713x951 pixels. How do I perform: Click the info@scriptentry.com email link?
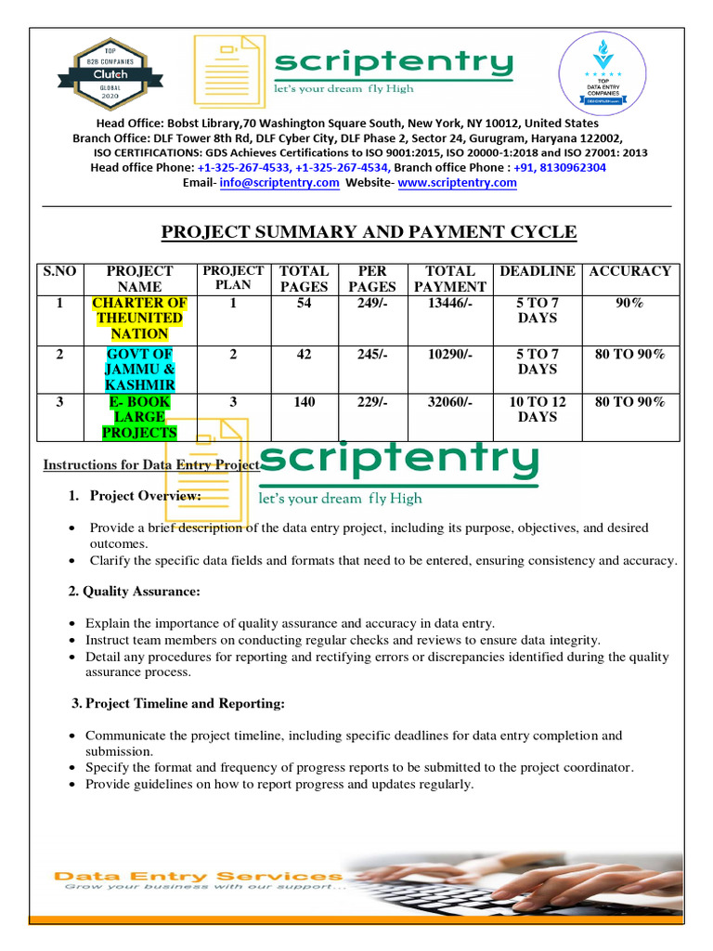pos(279,183)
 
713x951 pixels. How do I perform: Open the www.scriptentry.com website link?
pos(457,183)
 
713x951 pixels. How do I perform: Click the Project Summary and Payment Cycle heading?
pos(369,232)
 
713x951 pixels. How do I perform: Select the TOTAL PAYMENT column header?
pos(449,279)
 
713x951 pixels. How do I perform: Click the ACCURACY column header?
pos(629,271)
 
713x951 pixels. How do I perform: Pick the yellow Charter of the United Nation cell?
pos(139,318)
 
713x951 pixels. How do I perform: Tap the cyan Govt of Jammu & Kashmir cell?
pos(139,369)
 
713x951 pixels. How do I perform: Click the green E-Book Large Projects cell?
pos(139,417)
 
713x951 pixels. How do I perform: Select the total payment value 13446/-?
pos(449,303)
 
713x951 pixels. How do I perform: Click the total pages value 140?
pos(304,402)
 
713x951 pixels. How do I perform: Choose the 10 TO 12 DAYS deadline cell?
pos(537,410)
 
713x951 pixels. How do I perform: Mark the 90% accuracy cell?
pos(629,303)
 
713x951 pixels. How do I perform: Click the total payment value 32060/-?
pos(449,402)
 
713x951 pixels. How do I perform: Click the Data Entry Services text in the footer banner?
pos(198,876)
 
